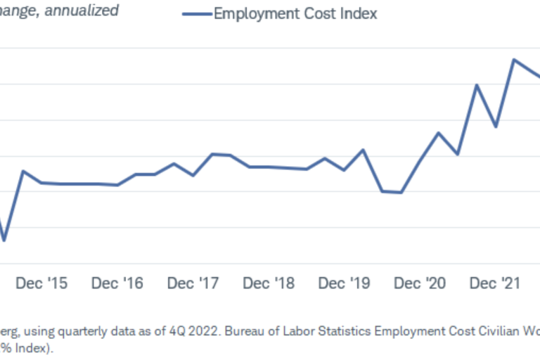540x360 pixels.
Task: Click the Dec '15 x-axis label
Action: coord(41,283)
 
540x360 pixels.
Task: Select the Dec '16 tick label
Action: coord(117,283)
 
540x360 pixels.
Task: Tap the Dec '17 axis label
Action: coord(193,283)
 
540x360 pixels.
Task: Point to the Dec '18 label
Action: coord(268,283)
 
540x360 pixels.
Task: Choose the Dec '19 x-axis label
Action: coord(344,283)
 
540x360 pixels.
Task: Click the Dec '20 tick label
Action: coord(420,283)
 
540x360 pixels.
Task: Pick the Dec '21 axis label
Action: coord(495,283)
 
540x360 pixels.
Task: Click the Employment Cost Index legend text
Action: coord(295,13)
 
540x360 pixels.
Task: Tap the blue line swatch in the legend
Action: coord(197,13)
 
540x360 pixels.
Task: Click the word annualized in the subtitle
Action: coord(82,10)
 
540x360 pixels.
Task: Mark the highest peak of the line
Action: coord(514,60)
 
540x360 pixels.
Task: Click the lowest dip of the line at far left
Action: coord(4,241)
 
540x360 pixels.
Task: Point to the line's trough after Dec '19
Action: coord(401,192)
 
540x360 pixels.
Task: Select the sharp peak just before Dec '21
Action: coord(477,85)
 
